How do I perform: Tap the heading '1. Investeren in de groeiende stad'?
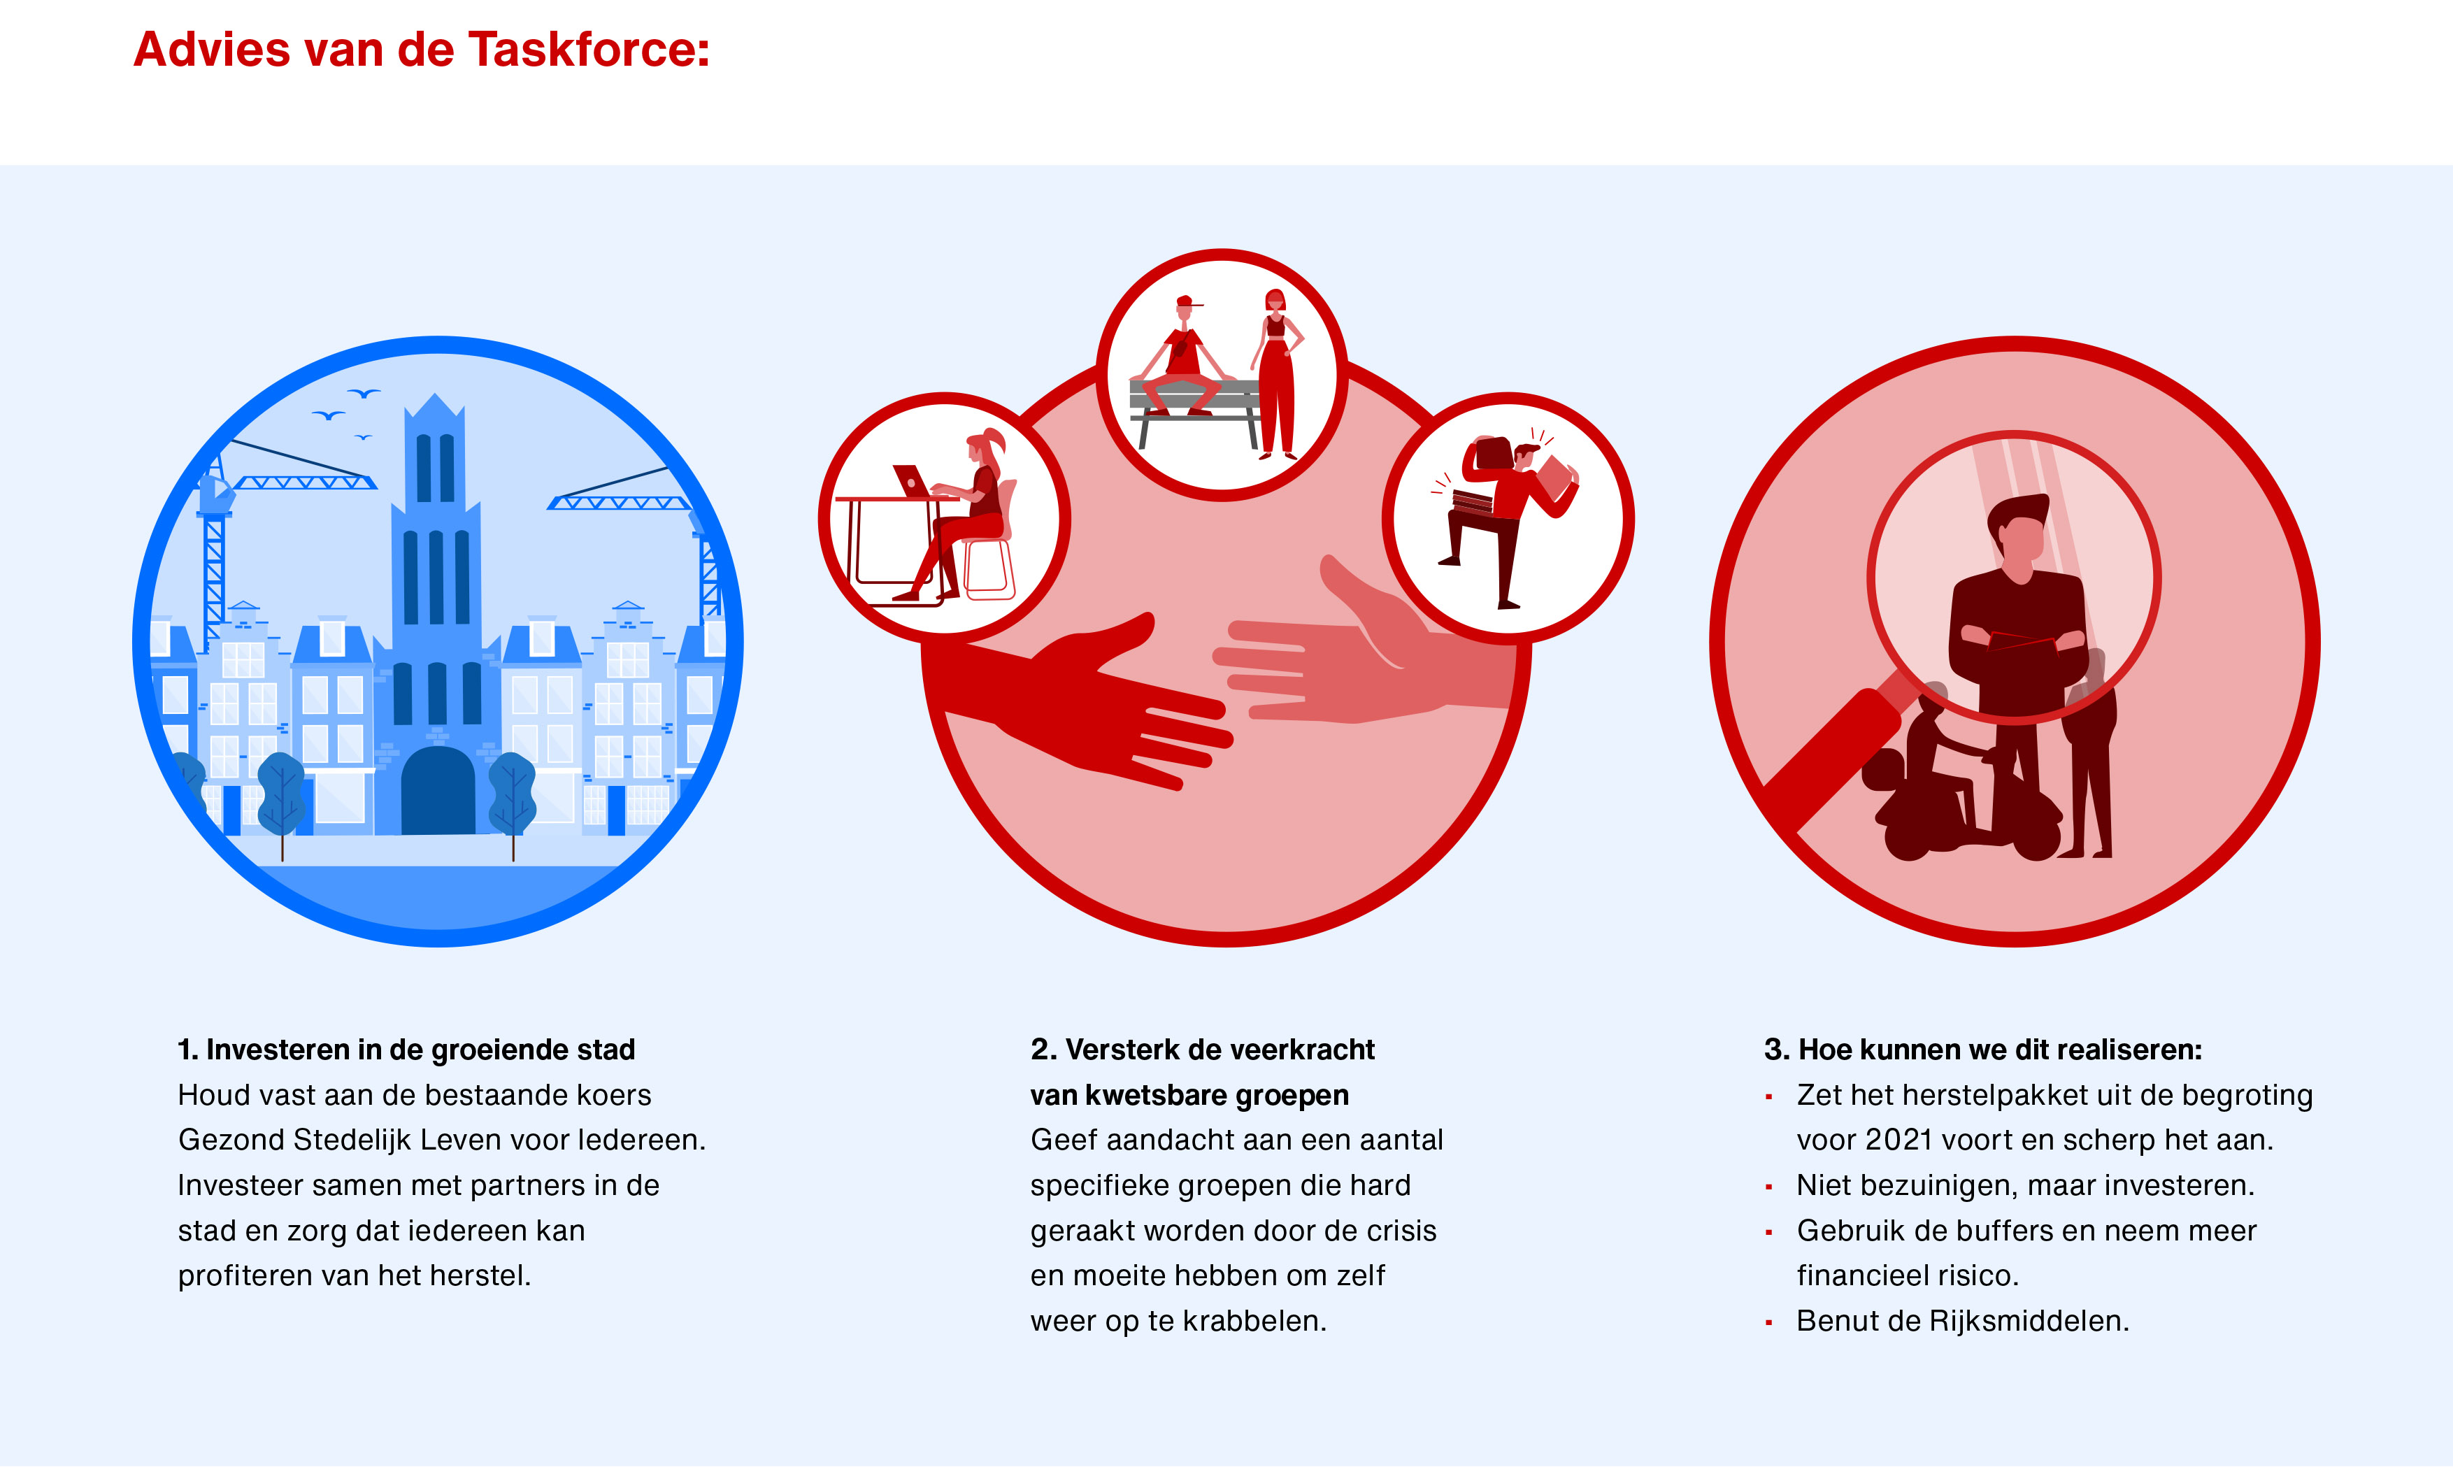click(406, 1049)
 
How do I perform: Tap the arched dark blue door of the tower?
click(438, 790)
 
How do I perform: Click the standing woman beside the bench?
click(1276, 373)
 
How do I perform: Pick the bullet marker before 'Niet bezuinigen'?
click(1769, 1186)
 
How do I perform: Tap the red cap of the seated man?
click(1187, 301)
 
